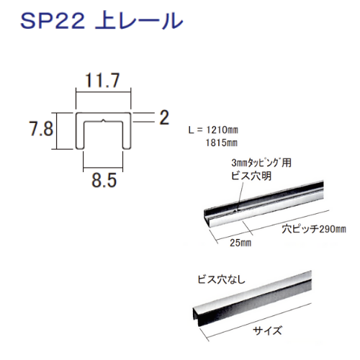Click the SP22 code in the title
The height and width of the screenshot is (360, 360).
point(53,21)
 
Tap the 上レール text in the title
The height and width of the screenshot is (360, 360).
point(139,21)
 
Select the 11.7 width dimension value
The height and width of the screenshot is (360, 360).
point(102,81)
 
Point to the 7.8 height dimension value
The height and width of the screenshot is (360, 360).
point(41,129)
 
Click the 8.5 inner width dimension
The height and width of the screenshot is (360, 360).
point(104,180)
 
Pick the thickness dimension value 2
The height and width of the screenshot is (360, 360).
point(164,117)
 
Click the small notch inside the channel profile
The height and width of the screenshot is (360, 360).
point(103,120)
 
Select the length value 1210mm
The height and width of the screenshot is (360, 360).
point(222,130)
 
